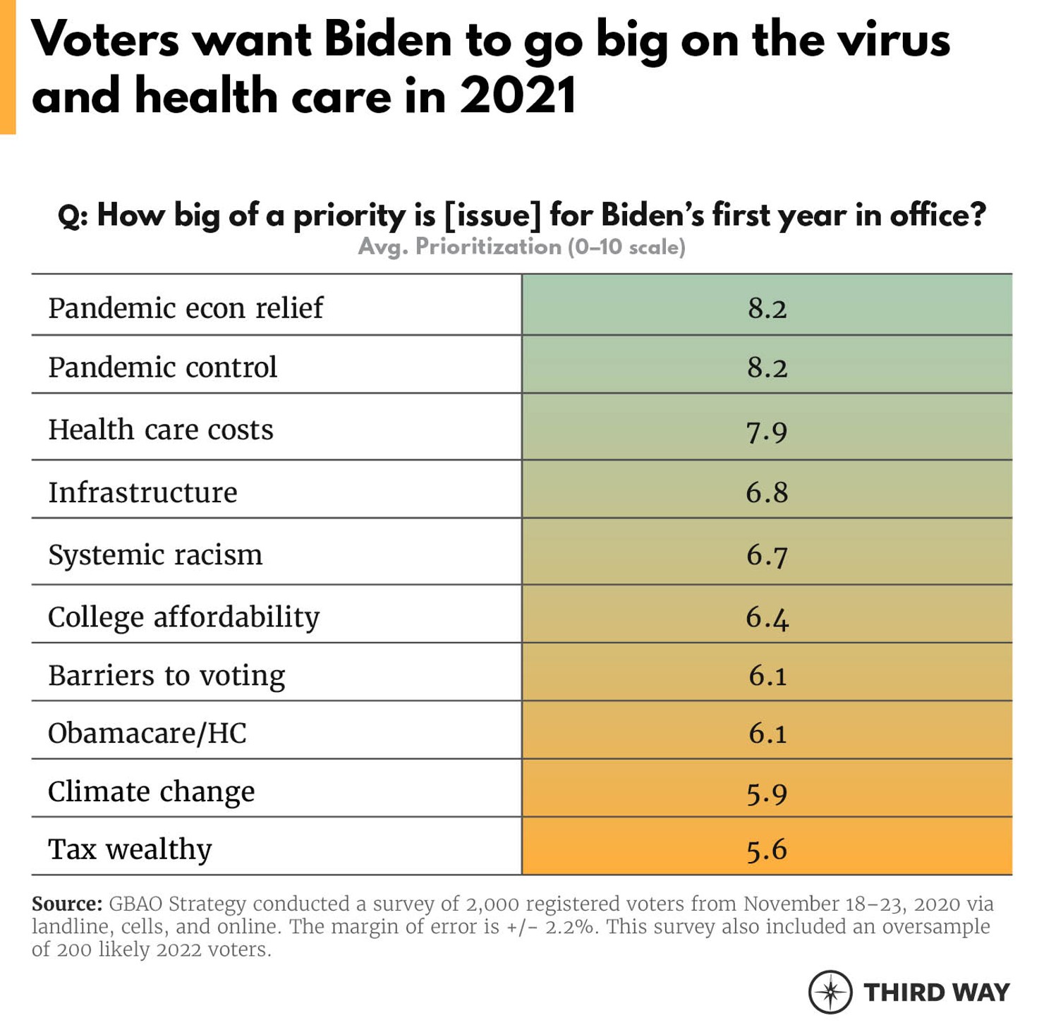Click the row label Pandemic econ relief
[x=186, y=308]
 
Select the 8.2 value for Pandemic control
[x=767, y=368]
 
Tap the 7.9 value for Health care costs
[x=767, y=430]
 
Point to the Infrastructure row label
[x=142, y=492]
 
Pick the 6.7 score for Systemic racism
[x=767, y=555]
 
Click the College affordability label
[x=183, y=617]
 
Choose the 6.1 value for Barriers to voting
[x=767, y=676]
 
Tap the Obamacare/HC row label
[x=147, y=734]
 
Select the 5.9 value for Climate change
[x=767, y=793]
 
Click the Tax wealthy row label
[x=130, y=849]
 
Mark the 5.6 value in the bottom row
[x=767, y=850]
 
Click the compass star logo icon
[x=830, y=992]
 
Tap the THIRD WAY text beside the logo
[x=937, y=992]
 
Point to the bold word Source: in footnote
[x=67, y=904]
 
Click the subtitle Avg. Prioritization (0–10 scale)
[x=521, y=247]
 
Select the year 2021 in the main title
[x=518, y=96]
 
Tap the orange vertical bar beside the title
[x=8, y=67]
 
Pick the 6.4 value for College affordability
[x=767, y=618]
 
